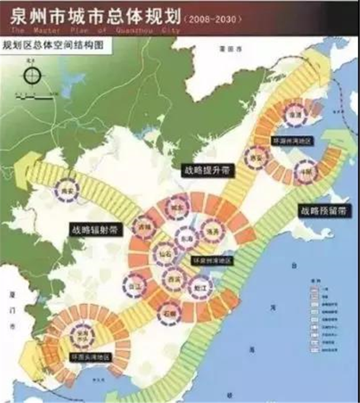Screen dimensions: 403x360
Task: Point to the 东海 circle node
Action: [184, 237]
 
